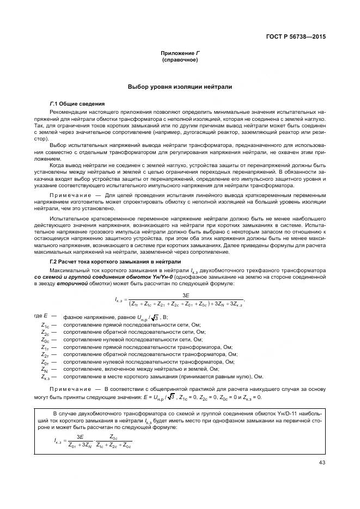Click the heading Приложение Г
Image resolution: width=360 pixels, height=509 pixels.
click(180, 53)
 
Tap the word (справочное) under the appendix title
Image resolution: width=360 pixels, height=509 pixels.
click(180, 59)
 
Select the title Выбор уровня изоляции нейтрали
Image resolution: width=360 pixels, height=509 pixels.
click(180, 87)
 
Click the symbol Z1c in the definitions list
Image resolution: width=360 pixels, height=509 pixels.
click(45, 326)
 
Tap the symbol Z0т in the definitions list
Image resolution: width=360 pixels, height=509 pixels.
click(45, 361)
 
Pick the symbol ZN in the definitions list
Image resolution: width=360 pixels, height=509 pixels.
click(45, 369)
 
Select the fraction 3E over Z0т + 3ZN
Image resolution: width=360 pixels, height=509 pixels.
click(80, 441)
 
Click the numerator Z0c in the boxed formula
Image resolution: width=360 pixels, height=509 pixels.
click(113, 437)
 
